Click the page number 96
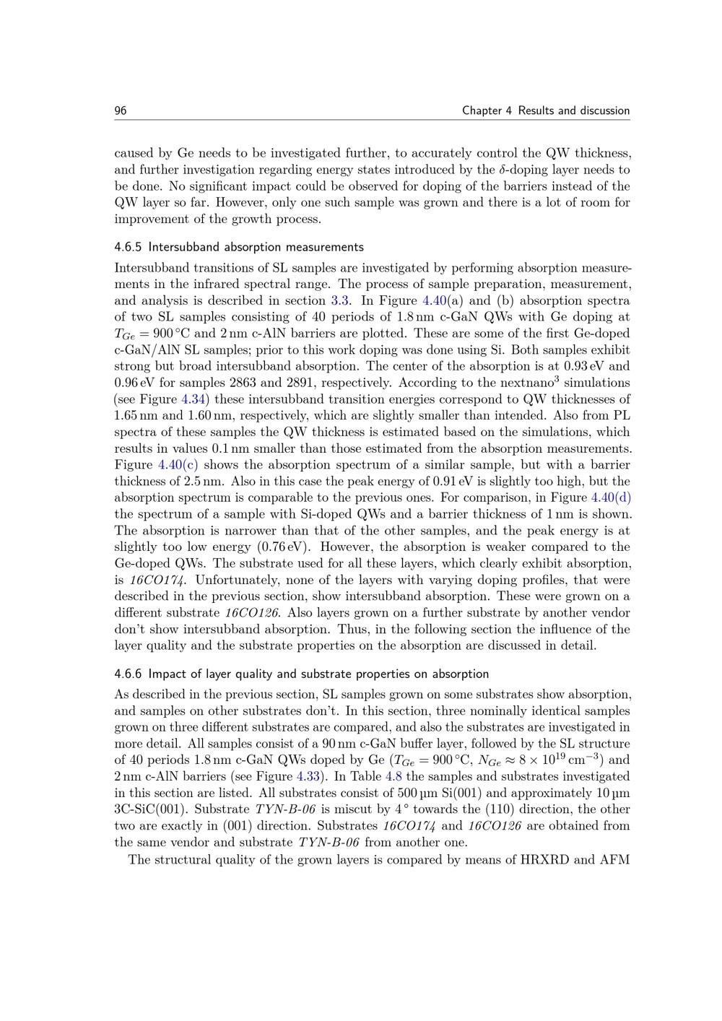(x=121, y=110)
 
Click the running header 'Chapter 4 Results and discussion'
(x=546, y=110)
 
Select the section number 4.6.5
(x=129, y=247)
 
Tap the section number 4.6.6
(x=129, y=674)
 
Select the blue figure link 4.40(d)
(x=611, y=498)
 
